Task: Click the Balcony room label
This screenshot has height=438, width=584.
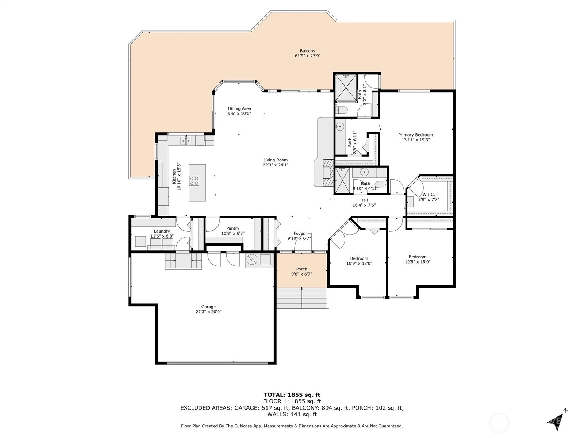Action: point(307,51)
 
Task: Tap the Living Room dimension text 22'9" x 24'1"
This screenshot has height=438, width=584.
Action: point(275,165)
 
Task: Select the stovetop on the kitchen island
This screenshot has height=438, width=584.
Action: point(194,181)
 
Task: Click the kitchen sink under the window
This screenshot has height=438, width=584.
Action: point(186,141)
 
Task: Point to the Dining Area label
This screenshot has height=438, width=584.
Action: point(239,108)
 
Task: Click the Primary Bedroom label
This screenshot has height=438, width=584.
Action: point(415,135)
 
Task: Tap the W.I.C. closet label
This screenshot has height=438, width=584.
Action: point(429,195)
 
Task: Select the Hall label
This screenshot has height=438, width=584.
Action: point(364,200)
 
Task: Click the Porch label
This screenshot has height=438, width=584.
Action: point(301,269)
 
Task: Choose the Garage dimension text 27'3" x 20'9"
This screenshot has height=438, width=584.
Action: point(208,312)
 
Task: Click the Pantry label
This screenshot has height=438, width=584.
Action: point(233,228)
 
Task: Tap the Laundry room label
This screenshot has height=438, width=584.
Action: point(162,231)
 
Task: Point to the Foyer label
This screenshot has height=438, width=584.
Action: point(299,233)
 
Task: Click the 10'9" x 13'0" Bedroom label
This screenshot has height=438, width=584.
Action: point(359,258)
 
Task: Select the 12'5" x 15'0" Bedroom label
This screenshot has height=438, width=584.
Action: point(418,257)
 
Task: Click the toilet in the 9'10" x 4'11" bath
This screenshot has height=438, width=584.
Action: point(382,184)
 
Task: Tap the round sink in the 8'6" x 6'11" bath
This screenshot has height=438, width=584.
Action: point(339,127)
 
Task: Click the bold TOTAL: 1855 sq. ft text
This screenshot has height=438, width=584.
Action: point(292,395)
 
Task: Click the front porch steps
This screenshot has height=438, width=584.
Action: point(303,298)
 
